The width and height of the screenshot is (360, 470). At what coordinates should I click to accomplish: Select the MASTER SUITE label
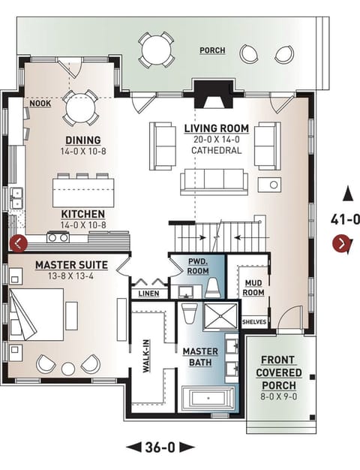tap(71, 265)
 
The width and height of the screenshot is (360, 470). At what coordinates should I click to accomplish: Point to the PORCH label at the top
tap(211, 50)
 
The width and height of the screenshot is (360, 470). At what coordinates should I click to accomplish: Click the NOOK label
tap(40, 104)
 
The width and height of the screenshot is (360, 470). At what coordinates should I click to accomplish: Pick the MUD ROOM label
tap(253, 287)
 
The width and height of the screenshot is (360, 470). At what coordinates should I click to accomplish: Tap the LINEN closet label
tap(148, 294)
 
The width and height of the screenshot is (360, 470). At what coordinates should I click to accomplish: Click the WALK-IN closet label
tap(148, 360)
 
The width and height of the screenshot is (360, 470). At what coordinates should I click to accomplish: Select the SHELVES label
tap(253, 322)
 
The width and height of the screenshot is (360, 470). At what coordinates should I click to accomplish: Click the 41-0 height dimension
tap(345, 219)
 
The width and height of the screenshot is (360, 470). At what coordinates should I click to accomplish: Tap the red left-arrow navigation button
tap(18, 243)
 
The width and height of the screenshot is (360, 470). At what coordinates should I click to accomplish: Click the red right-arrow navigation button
tap(342, 243)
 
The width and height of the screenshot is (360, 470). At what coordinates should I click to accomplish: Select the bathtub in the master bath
tap(209, 398)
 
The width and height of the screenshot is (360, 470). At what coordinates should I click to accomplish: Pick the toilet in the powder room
tap(213, 286)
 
